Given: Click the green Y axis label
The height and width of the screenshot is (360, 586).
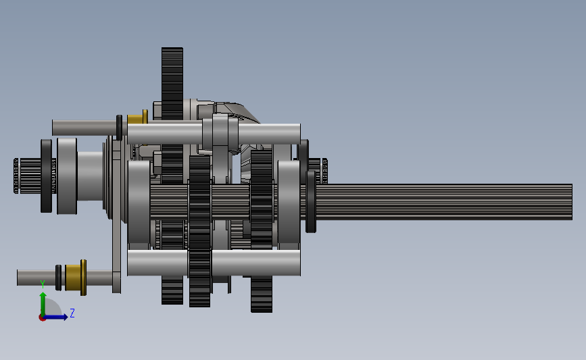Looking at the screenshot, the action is point(43,284).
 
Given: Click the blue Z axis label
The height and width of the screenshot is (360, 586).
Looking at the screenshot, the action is point(72,313).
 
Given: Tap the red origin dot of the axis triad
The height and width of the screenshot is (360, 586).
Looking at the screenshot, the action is point(42,318).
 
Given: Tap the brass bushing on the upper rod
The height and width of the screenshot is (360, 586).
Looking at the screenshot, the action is point(137,118).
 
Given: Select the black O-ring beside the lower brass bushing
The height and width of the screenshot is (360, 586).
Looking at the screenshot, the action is point(58,278).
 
